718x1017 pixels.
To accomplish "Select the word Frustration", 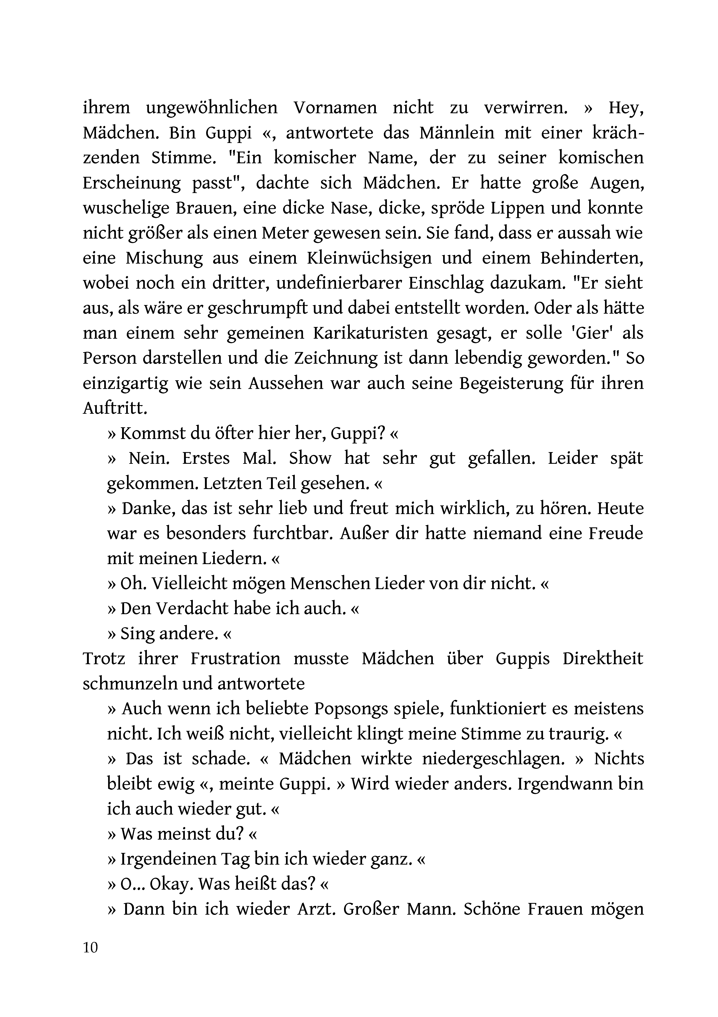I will click(x=236, y=659).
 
